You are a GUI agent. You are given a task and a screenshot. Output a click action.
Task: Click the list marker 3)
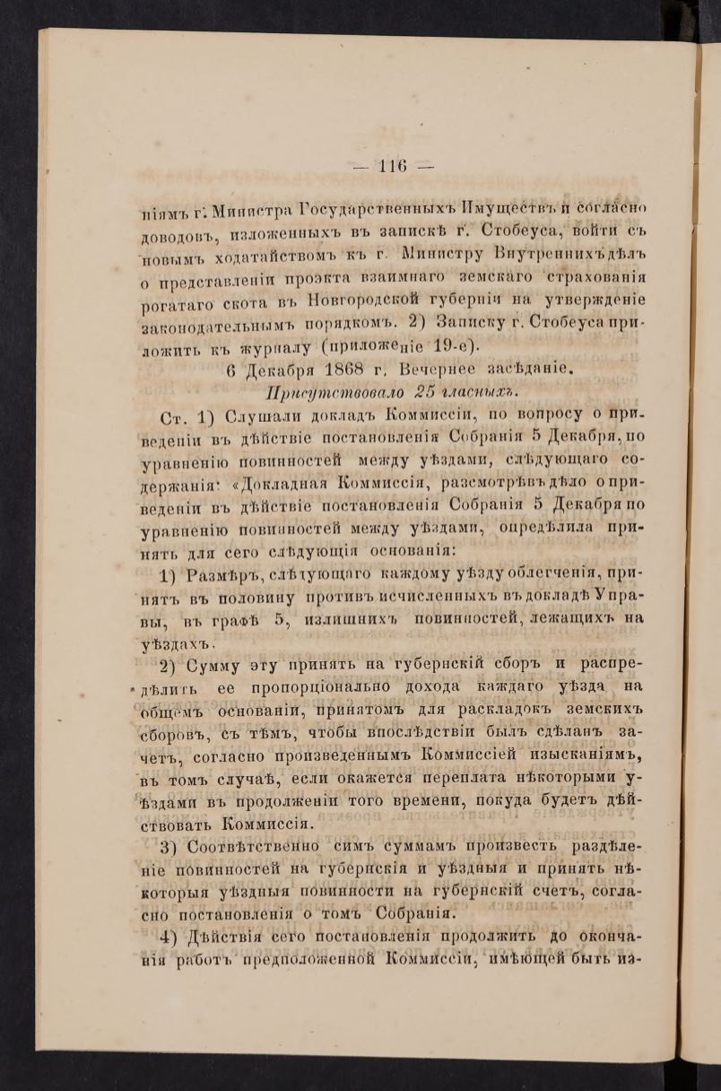click(x=172, y=848)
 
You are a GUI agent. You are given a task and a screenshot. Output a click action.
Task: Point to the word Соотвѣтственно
click(x=255, y=847)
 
